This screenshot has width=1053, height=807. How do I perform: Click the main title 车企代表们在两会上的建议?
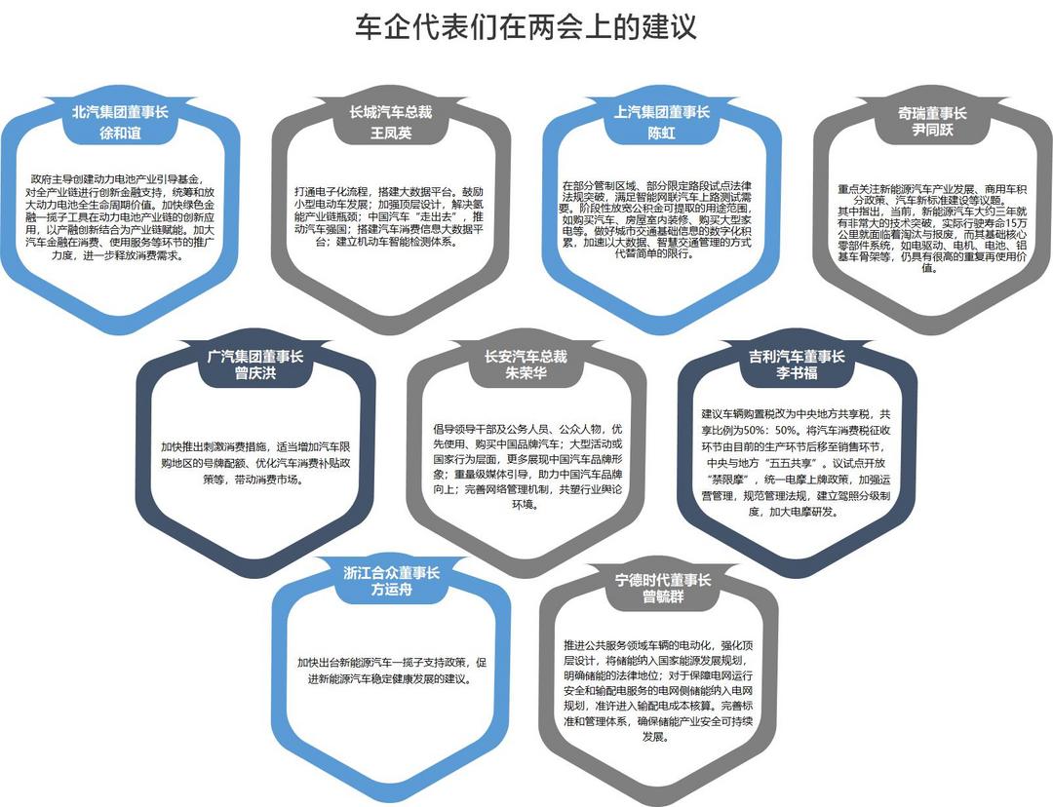(x=526, y=27)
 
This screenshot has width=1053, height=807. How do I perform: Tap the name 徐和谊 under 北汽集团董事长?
(x=120, y=133)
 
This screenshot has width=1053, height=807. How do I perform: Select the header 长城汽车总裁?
(x=391, y=112)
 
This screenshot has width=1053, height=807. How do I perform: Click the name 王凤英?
(x=391, y=133)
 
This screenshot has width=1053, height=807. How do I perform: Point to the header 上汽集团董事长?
(x=661, y=112)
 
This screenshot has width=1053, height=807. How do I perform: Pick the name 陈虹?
(x=661, y=133)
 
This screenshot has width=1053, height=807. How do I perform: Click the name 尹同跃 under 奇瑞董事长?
(x=932, y=130)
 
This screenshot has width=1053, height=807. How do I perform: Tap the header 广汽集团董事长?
(x=255, y=357)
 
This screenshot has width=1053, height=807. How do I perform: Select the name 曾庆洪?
(x=255, y=373)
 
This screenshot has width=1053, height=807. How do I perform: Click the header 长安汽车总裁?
(x=526, y=357)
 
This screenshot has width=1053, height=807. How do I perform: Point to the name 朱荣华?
(x=526, y=373)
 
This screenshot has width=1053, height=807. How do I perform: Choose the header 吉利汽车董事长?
(x=797, y=357)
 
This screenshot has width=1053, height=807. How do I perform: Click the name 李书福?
(x=797, y=373)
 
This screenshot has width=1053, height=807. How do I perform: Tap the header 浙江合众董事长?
(x=392, y=573)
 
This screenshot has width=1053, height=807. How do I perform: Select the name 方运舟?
(x=392, y=590)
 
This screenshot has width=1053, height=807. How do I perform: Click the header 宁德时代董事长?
(x=663, y=580)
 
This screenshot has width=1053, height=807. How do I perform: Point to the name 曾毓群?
(x=663, y=596)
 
